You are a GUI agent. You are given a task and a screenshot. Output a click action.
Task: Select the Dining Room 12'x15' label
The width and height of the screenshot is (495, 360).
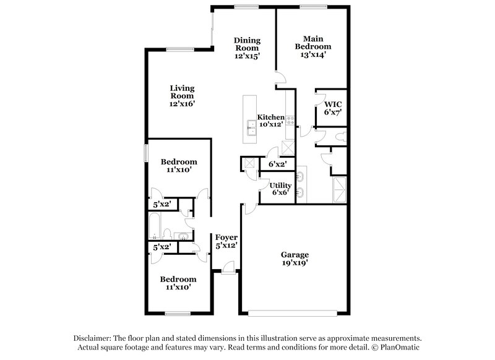click(246, 48)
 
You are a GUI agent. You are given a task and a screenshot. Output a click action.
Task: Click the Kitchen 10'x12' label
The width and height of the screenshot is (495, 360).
click(270, 120)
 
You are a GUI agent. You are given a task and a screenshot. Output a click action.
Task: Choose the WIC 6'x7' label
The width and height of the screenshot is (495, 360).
click(332, 108)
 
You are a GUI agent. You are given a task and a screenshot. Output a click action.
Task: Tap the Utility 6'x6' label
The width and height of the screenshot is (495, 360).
click(279, 188)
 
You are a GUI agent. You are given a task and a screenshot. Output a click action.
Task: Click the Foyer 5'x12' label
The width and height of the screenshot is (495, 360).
click(226, 241)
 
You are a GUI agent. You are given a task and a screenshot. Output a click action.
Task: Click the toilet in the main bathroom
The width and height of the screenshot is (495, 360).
click(339, 135)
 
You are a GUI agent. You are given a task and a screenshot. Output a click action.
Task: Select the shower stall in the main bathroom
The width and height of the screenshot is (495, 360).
click(340, 189)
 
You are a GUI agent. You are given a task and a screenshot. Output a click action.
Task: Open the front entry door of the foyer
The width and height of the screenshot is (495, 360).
click(228, 267)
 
